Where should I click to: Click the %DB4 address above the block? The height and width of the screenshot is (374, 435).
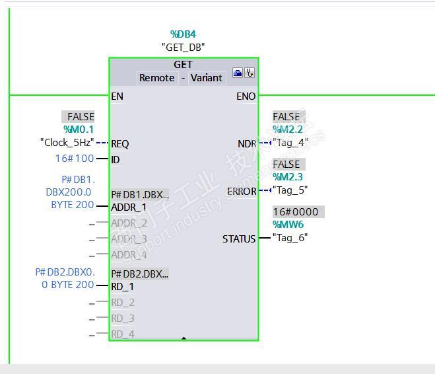[x=183, y=34]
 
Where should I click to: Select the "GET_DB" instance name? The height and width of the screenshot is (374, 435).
[x=183, y=47]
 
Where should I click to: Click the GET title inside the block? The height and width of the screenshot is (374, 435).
[x=183, y=65]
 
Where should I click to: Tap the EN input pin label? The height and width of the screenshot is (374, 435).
[x=117, y=96]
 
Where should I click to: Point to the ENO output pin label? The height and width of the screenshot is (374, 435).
[x=246, y=96]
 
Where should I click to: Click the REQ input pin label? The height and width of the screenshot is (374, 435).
[x=120, y=143]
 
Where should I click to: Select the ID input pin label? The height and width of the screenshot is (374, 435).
[x=116, y=159]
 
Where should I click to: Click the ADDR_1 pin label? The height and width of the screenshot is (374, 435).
[x=129, y=207]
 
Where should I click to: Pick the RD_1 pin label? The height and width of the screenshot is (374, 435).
[x=123, y=286]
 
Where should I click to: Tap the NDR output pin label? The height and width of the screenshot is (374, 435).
[x=246, y=143]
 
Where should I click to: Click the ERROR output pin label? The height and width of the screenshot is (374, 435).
[x=241, y=191]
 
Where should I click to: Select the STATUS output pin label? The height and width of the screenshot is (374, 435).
[x=238, y=239]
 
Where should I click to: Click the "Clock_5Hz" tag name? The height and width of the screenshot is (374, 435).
[x=67, y=142]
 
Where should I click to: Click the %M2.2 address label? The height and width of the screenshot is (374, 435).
[x=287, y=130]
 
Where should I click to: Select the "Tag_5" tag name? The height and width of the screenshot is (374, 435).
[x=290, y=190]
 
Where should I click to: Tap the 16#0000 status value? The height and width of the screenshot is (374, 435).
[x=296, y=212]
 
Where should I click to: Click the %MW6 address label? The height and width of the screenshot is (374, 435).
[x=290, y=225]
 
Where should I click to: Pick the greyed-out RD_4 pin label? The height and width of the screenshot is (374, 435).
[x=123, y=334]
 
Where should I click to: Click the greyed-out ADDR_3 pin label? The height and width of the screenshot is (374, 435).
[x=129, y=239]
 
